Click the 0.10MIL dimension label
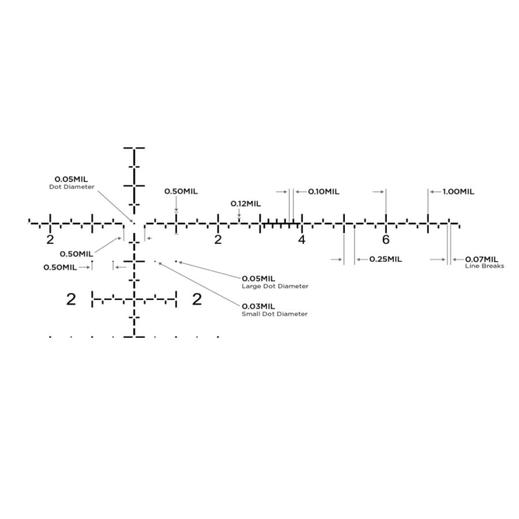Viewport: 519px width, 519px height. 323,191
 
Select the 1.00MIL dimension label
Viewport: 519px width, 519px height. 458,191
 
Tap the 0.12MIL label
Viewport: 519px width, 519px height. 245,204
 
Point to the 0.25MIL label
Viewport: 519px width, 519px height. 386,259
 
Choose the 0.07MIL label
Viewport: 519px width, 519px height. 482,260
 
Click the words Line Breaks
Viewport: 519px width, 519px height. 484,266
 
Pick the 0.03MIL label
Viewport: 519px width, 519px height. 258,307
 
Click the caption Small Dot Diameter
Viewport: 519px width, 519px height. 274,314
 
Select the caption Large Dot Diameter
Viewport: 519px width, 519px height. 275,286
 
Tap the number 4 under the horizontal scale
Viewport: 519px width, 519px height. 301,240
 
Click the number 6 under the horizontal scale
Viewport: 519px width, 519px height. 386,240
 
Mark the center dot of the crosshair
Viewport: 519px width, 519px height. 134,223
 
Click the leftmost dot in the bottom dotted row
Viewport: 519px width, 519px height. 50,337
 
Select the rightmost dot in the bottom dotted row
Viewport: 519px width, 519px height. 218,337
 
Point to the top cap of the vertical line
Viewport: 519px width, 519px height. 134,148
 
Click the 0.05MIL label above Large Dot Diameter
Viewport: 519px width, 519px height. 258,279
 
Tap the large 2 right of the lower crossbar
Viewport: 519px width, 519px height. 197,299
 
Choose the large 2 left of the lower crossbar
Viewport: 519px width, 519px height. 71,299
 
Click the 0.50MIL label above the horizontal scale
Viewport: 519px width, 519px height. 181,191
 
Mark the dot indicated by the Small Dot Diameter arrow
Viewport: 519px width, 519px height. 155,261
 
